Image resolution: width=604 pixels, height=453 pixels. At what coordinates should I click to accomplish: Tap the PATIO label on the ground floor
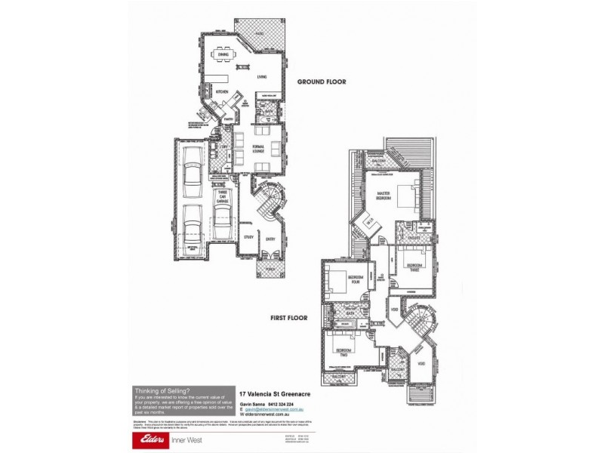(259, 35)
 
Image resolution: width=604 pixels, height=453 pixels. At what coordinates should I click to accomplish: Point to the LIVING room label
(262, 77)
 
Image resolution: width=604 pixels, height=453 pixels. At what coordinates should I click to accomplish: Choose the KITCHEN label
(222, 91)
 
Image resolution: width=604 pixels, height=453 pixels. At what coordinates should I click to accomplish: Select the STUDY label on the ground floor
(248, 239)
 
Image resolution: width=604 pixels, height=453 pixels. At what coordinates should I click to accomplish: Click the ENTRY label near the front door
(270, 240)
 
